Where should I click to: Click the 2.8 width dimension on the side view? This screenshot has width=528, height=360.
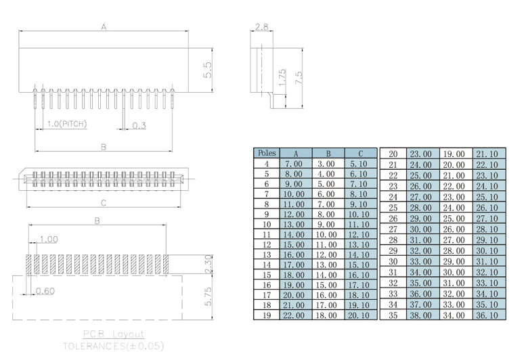261,27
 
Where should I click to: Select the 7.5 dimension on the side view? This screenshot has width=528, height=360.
299,76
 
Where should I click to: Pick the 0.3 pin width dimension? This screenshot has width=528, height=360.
139,125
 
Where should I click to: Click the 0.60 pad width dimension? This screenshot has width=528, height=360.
45,291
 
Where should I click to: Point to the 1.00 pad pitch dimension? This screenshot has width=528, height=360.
49,239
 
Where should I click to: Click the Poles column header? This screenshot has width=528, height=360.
266,154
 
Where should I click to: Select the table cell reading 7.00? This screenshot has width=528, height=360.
294,164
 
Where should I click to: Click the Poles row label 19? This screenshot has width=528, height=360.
266,315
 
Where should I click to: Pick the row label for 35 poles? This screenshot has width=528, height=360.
393,315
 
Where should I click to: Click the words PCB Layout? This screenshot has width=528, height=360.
113,334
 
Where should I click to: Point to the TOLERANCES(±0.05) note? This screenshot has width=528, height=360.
113,345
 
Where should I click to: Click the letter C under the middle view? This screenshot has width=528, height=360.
103,202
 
